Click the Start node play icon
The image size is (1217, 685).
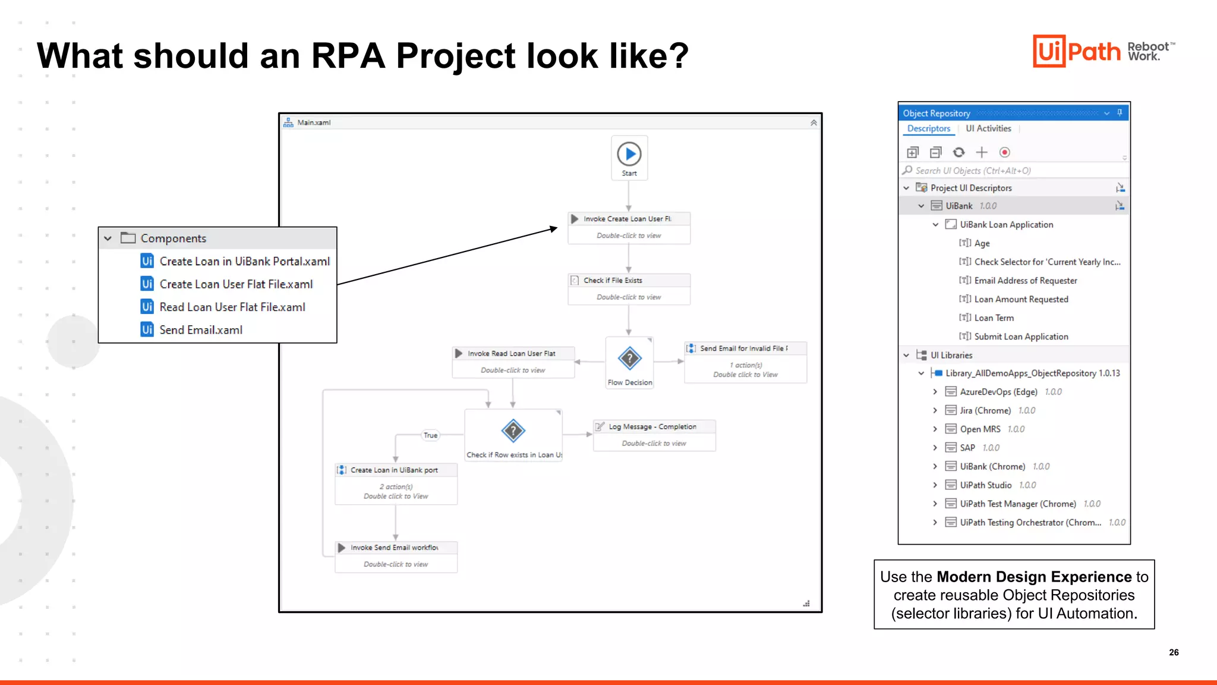(629, 154)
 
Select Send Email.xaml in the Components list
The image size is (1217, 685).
(200, 330)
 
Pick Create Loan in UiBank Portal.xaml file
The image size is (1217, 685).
(244, 262)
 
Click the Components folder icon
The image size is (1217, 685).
(128, 238)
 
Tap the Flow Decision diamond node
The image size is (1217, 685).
(629, 359)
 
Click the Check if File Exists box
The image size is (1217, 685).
(629, 288)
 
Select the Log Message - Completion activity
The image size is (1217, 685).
(654, 435)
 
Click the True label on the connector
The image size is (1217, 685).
(430, 435)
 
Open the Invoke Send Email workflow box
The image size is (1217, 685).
(396, 555)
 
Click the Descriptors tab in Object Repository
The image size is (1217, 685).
(928, 128)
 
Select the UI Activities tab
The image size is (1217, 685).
(988, 128)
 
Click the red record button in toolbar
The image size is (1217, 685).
(1004, 152)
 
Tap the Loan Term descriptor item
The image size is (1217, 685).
(994, 318)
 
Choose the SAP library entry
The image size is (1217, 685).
(967, 448)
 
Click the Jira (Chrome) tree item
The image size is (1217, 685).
(985, 410)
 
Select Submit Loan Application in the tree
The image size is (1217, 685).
(1021, 337)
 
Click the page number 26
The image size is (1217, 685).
(1174, 652)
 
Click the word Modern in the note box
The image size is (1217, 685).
(963, 577)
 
